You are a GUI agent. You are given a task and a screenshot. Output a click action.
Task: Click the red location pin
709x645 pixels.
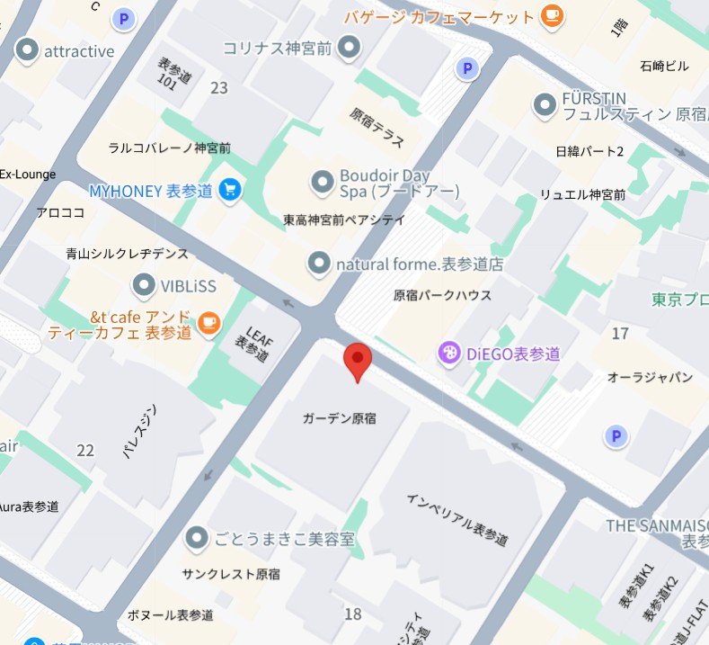(359, 360)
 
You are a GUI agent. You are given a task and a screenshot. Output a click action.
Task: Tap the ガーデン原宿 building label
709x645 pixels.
(339, 418)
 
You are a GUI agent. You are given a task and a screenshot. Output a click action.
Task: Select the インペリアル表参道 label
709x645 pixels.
(456, 519)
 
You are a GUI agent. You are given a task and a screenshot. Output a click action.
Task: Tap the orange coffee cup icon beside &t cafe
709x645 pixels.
(208, 321)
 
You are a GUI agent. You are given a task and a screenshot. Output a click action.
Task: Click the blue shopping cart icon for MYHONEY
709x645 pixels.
(230, 190)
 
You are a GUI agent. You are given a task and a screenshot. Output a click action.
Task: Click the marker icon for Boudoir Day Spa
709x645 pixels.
(322, 184)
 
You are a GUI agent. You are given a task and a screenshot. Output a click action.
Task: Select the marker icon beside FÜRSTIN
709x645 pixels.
(544, 105)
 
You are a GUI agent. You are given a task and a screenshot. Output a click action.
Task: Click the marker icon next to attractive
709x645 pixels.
(28, 50)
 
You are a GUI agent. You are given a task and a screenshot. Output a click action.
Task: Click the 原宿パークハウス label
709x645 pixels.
(443, 295)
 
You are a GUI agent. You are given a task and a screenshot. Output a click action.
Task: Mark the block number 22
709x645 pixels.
(85, 450)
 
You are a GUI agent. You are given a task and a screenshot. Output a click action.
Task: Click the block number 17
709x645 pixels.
(620, 334)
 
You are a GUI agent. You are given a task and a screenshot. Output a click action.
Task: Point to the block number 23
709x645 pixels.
(218, 87)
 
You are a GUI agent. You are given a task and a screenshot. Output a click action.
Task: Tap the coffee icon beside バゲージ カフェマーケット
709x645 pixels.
(552, 15)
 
